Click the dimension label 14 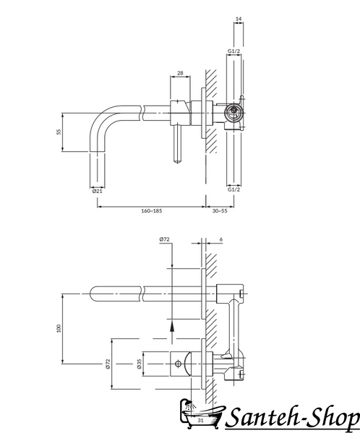click(x=239, y=19)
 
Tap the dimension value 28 click(x=180, y=73)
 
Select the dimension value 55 click(x=59, y=132)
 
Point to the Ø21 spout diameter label click(x=97, y=191)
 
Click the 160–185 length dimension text click(x=152, y=210)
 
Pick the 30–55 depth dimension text click(x=220, y=210)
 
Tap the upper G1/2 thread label click(x=233, y=51)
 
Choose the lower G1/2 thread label click(x=233, y=189)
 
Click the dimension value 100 click(x=59, y=328)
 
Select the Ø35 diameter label click(x=139, y=364)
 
